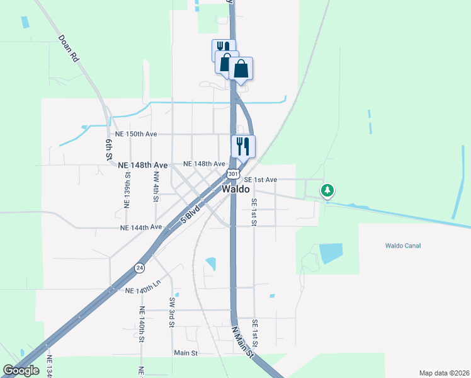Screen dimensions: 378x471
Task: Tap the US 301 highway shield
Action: (233, 173)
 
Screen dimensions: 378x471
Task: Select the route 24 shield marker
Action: (139, 268)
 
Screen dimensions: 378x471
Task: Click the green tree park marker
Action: (327, 190)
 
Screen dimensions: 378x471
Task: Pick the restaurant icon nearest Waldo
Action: (243, 147)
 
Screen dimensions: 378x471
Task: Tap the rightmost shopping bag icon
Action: (241, 69)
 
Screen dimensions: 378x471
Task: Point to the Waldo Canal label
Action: (403, 246)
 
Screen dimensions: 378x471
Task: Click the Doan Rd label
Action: (69, 49)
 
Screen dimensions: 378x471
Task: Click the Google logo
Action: (21, 370)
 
